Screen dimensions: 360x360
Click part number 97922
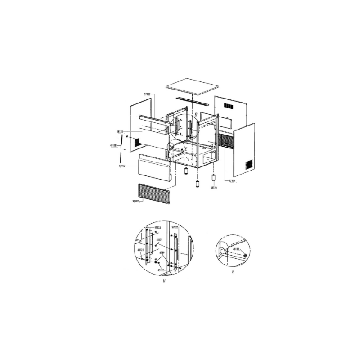pyautogui.click(x=147, y=94)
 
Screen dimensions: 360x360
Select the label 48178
pyautogui.click(x=119, y=132)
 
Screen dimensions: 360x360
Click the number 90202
pyautogui.click(x=135, y=201)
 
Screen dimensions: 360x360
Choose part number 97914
pyautogui.click(x=233, y=180)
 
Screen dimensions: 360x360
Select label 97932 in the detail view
pyautogui.click(x=175, y=229)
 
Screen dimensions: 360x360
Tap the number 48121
pyautogui.click(x=159, y=240)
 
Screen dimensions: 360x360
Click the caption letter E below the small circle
pyautogui.click(x=233, y=272)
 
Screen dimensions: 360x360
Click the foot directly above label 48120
pyautogui.click(x=214, y=178)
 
